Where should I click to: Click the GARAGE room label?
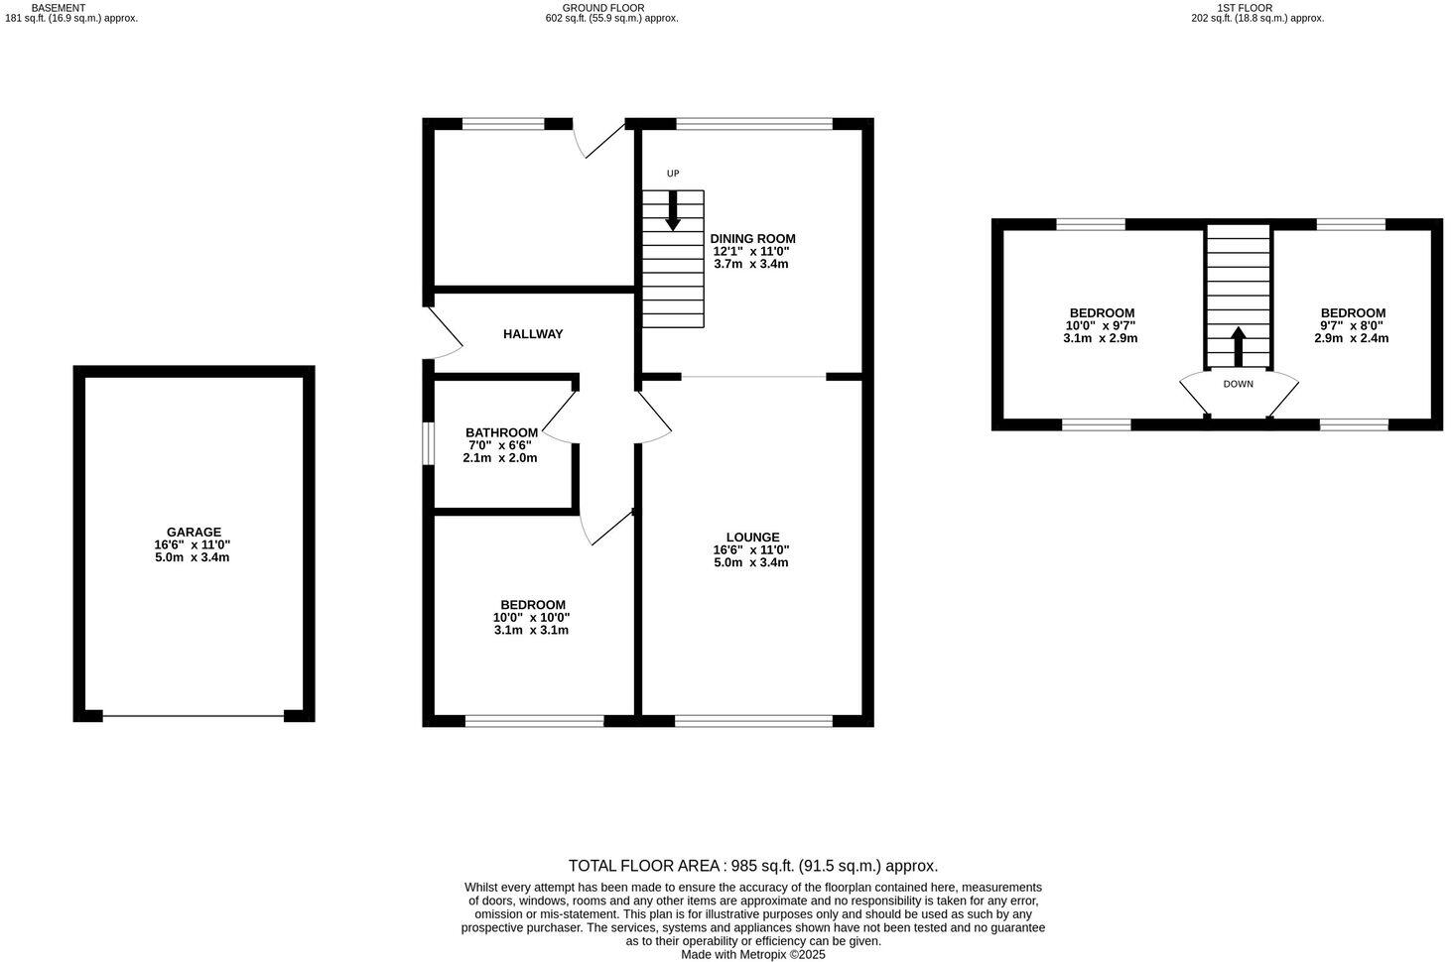point(194,533)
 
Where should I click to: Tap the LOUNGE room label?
point(752,538)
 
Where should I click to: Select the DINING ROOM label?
point(752,239)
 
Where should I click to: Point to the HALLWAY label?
point(533,334)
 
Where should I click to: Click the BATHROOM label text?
point(501,432)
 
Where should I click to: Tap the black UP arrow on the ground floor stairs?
point(673,210)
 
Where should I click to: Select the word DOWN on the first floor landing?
point(1238,384)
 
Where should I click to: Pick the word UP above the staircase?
point(673,174)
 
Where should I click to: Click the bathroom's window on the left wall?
point(428,443)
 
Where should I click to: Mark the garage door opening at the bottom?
point(194,716)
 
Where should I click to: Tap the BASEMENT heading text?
point(59,7)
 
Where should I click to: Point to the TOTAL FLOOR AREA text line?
point(752,866)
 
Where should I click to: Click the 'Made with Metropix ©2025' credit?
point(752,954)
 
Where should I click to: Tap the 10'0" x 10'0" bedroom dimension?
point(532,617)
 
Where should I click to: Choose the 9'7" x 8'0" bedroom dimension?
point(1351,325)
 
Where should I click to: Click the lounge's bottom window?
point(753,721)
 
